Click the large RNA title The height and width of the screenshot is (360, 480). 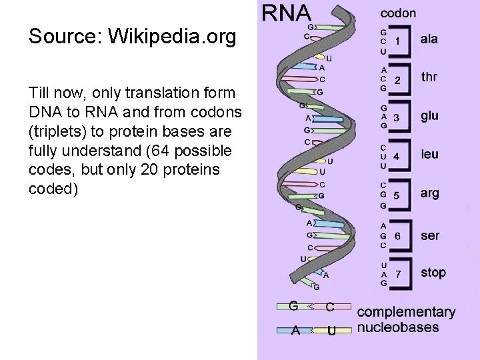(x=286, y=13)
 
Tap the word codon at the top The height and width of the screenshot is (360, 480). (x=398, y=13)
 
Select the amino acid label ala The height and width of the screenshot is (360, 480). (x=429, y=39)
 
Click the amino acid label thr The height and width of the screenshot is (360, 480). (x=430, y=77)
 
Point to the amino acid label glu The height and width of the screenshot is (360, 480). (x=430, y=116)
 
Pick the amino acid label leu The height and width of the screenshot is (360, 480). (x=430, y=154)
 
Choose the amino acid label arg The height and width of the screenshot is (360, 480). (x=430, y=193)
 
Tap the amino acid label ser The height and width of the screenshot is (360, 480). (x=430, y=235)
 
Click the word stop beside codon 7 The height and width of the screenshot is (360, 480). (x=433, y=272)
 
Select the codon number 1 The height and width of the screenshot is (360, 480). (x=397, y=41)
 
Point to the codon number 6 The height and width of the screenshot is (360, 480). (x=397, y=235)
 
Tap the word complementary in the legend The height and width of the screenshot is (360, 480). (x=407, y=312)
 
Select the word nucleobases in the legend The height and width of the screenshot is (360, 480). (x=398, y=327)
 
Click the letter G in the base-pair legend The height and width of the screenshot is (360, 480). (x=293, y=306)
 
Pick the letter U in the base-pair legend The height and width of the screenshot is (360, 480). (x=331, y=330)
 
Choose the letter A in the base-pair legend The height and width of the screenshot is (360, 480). (x=294, y=330)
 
